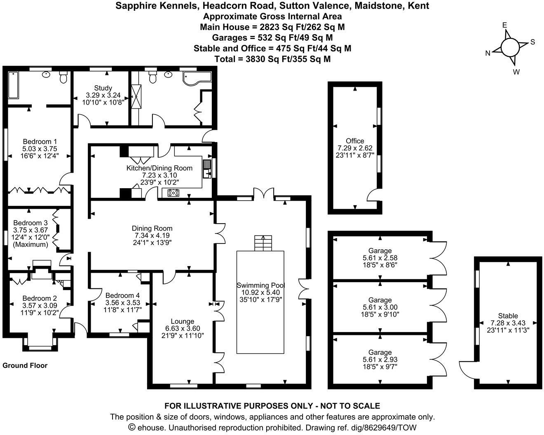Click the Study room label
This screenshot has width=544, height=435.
103,88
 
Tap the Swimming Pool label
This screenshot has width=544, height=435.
260,285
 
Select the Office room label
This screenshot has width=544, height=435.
355,141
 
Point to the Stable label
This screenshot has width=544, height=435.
508,316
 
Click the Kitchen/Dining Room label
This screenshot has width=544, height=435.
159,168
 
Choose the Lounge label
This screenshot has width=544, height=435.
183,321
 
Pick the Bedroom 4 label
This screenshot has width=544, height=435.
122,295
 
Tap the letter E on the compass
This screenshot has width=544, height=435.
504,25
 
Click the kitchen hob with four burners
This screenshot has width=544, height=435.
173,192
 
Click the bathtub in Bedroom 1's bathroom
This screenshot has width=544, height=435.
13,85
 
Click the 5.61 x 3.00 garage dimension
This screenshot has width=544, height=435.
380,307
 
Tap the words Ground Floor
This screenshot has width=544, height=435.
25,365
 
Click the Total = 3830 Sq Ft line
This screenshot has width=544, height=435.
272,59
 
